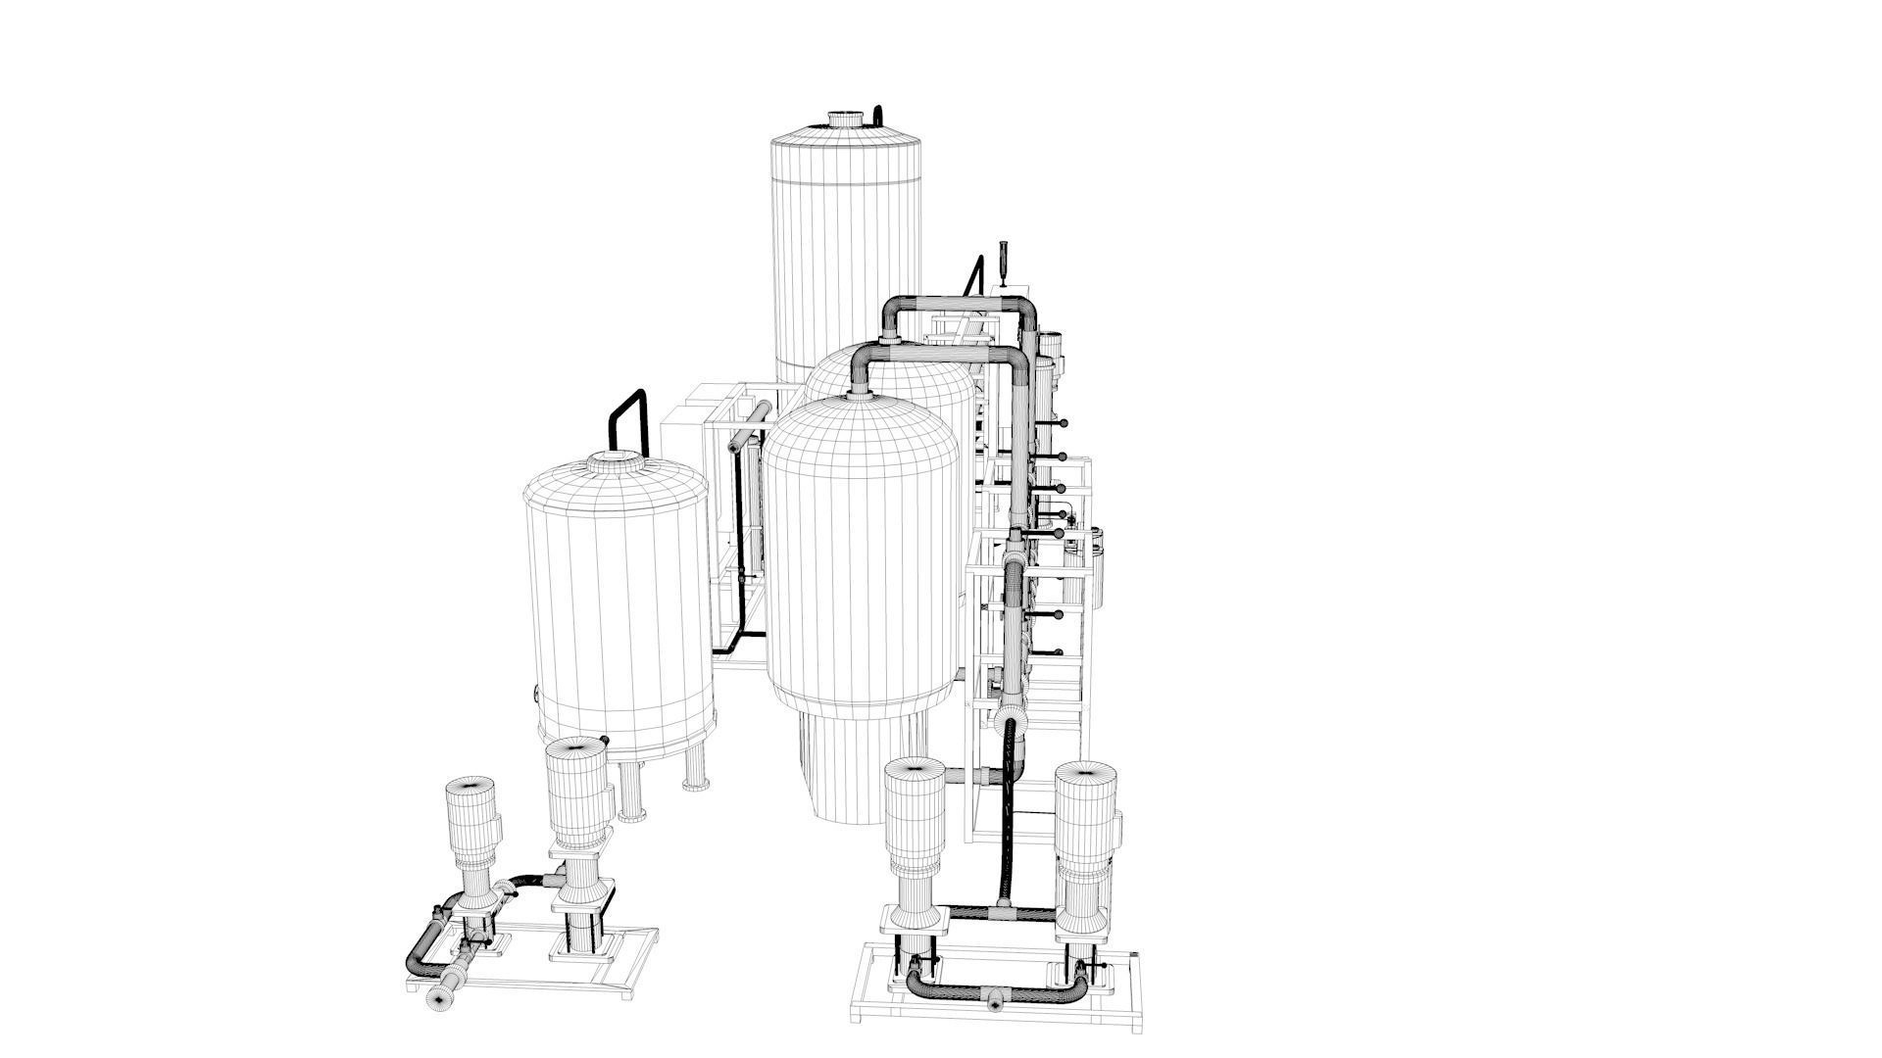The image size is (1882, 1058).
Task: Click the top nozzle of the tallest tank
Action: [x=845, y=120]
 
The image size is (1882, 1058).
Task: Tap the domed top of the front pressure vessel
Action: [x=861, y=431]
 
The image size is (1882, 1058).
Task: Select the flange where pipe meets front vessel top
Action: [x=860, y=396]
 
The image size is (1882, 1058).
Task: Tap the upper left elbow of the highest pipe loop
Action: [x=895, y=308]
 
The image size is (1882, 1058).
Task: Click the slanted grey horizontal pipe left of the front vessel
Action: [x=750, y=428]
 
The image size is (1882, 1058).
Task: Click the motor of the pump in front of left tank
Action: [x=578, y=793]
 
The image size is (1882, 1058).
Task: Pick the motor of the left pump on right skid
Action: [x=914, y=813]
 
